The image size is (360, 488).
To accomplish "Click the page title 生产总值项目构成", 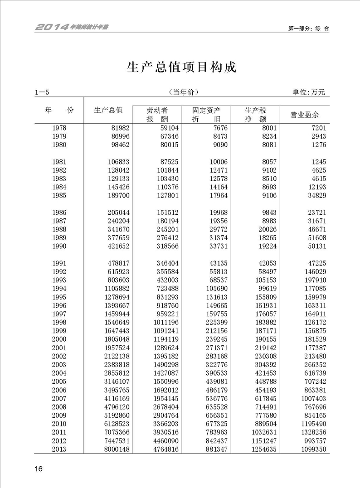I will point(181,68).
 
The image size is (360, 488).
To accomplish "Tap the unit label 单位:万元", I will point(309,92).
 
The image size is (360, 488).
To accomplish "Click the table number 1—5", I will point(42,92).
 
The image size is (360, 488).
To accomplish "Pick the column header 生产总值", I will point(108,110).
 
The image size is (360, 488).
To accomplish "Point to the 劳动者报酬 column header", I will point(157,115).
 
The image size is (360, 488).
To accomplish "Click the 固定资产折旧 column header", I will point(206,115).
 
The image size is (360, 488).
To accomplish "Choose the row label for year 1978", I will point(59,128).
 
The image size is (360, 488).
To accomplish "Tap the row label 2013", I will point(59,449).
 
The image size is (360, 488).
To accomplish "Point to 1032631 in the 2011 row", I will point(261,432).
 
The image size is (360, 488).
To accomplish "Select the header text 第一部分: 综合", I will point(308,28).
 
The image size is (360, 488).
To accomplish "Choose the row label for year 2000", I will point(59,339).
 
